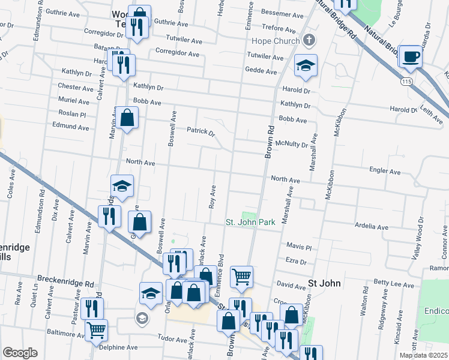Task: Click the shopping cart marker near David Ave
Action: [x=241, y=277]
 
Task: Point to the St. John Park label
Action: [x=250, y=222]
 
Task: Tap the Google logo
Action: [x=20, y=353]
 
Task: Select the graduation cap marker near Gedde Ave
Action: [x=306, y=66]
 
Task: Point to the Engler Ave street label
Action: [x=385, y=172]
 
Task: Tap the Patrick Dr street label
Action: [x=200, y=131]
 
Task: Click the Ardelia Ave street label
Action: [x=372, y=227]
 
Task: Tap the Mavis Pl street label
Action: [x=299, y=247]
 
